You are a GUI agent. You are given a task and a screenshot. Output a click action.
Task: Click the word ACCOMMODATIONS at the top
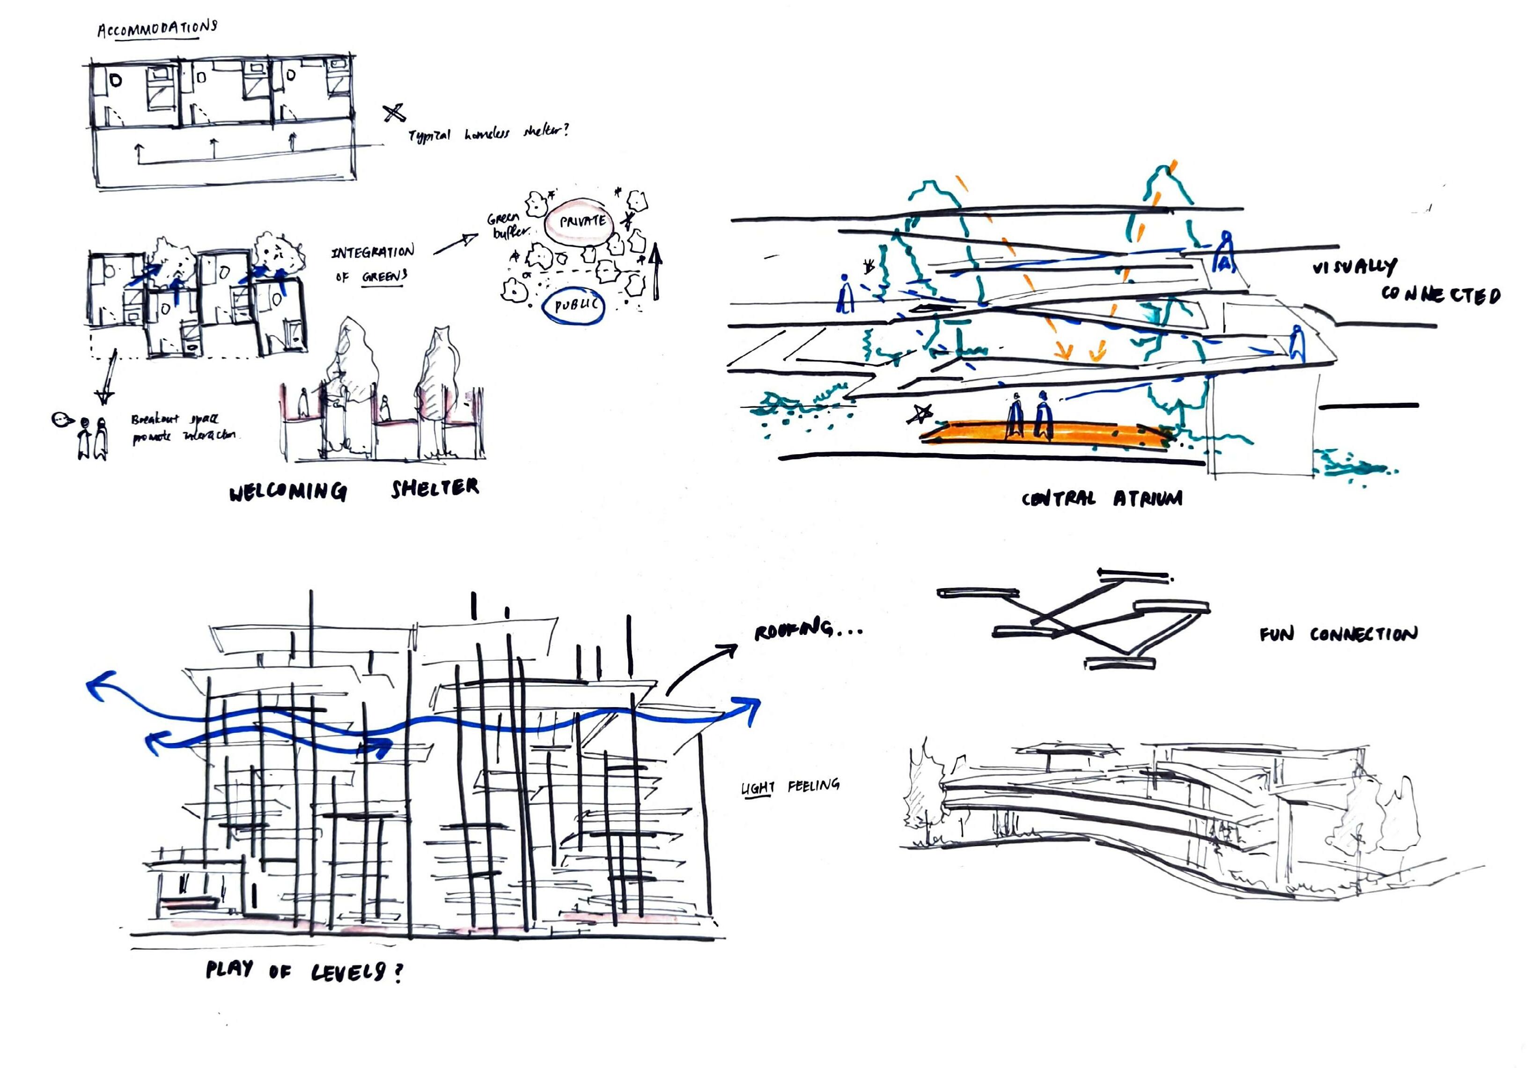click(157, 29)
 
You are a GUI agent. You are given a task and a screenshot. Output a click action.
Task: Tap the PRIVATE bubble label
click(581, 221)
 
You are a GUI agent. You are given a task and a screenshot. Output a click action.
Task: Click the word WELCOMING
click(287, 493)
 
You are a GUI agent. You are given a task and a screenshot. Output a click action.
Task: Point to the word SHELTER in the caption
click(435, 488)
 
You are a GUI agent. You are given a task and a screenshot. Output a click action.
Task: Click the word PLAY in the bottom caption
click(229, 969)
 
